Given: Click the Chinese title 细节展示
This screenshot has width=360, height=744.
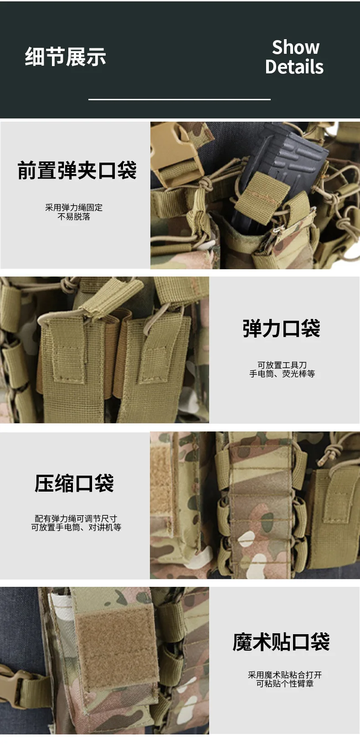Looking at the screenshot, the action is tap(66, 57).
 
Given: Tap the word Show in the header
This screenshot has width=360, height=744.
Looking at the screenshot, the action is tap(296, 47).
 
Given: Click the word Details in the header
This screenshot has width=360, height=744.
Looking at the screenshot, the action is tap(294, 67).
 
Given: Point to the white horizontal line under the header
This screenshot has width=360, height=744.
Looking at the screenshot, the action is tap(180, 99).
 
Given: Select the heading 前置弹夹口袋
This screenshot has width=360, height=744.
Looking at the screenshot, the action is tap(77, 170).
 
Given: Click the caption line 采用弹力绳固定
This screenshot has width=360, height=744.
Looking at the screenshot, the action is tap(74, 208).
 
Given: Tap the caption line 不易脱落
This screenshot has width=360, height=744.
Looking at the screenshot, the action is tap(74, 216).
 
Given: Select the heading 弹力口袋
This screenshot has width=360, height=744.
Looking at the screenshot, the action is tap(281, 328).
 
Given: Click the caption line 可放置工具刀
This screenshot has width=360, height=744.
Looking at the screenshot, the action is tap(282, 365).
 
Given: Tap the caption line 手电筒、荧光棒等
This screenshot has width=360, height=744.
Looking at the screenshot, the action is tap(282, 374).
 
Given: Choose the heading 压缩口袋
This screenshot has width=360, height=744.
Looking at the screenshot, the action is tap(74, 483).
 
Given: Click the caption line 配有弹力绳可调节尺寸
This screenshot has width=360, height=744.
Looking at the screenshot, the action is tap(76, 518).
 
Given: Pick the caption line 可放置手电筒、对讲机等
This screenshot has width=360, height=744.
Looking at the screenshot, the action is tap(76, 527).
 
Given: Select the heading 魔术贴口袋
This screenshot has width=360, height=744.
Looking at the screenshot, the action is tap(281, 642).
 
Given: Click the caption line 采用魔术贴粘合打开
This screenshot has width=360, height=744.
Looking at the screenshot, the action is tap(285, 675).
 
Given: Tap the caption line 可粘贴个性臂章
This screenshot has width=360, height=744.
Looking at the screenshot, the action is tap(285, 683).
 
